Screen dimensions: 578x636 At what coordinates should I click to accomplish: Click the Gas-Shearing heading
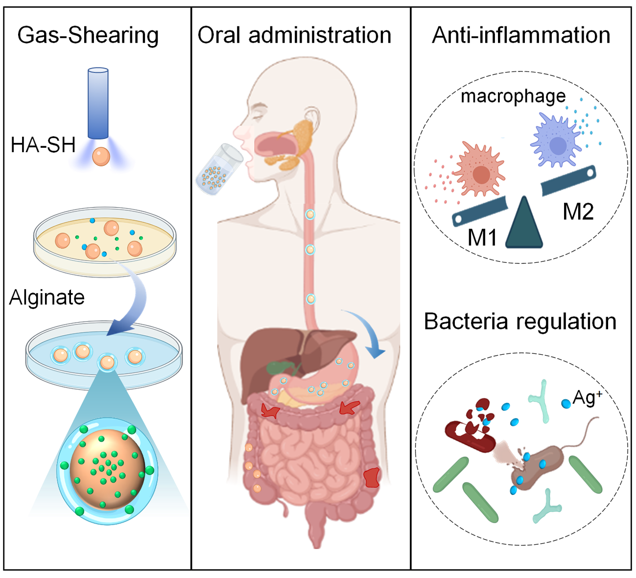point(88,35)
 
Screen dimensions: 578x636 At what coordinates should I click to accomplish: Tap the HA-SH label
point(43,145)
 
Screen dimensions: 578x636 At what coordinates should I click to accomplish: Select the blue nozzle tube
point(98,103)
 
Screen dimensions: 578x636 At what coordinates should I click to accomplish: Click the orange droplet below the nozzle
point(101,157)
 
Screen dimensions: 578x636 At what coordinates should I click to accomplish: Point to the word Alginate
point(47,298)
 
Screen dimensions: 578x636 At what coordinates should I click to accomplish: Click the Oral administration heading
point(294,35)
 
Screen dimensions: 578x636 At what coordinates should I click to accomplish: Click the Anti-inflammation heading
point(521,35)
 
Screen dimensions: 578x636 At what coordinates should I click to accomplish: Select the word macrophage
point(513,96)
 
